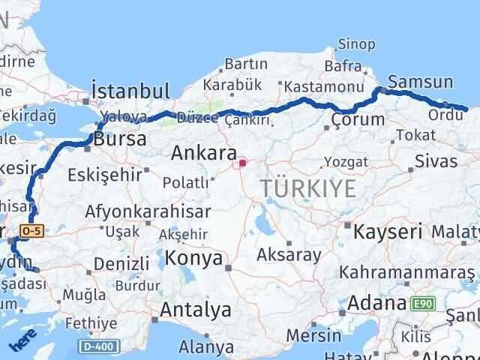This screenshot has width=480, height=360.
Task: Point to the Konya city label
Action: click(x=193, y=259)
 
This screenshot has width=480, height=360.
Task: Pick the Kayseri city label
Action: click(x=388, y=232)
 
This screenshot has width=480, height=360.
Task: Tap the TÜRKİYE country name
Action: click(x=309, y=189)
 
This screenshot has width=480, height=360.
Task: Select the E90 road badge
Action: click(x=421, y=304)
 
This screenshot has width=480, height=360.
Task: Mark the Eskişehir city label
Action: click(x=104, y=175)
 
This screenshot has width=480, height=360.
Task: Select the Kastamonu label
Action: click(x=297, y=88)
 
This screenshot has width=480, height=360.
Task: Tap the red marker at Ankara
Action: click(x=242, y=162)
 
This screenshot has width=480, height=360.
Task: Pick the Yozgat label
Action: click(x=346, y=161)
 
